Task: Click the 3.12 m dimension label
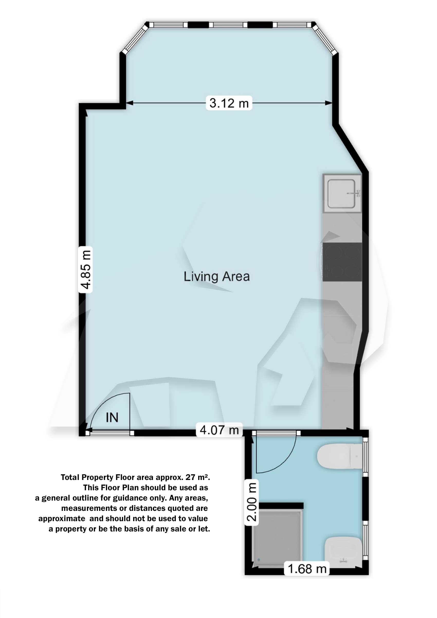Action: tap(229, 103)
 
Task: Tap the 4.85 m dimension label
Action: tap(86, 270)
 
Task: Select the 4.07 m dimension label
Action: tap(219, 430)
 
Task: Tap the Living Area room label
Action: tap(217, 277)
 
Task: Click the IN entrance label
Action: tap(112, 417)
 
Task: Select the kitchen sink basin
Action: tap(341, 194)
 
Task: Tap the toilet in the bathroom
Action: tap(340, 456)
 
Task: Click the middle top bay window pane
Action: tap(228, 25)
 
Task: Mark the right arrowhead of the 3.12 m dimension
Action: tap(329, 103)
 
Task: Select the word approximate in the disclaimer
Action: tap(62, 519)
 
